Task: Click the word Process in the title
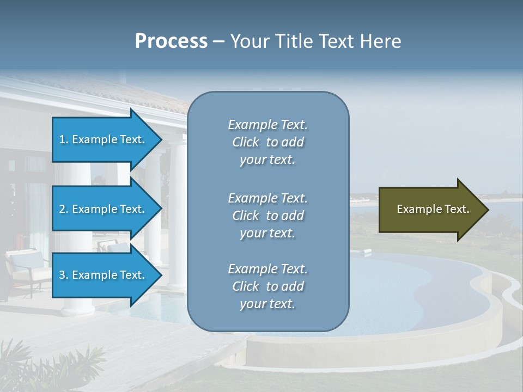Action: pyautogui.click(x=171, y=41)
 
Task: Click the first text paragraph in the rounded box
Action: pyautogui.click(x=267, y=142)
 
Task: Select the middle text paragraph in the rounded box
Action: pyautogui.click(x=267, y=216)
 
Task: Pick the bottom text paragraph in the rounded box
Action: pyautogui.click(x=267, y=286)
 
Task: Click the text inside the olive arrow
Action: pyautogui.click(x=433, y=210)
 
